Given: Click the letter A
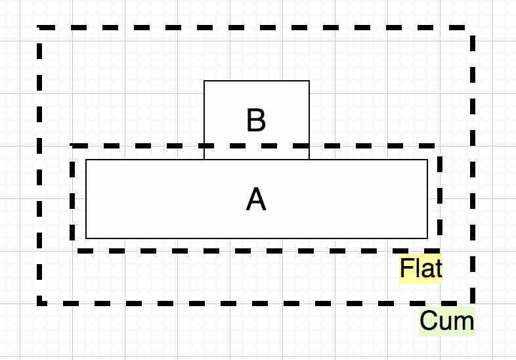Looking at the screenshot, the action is (256, 199).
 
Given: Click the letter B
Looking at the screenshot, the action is (256, 121).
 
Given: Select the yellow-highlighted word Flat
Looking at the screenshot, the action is (421, 269).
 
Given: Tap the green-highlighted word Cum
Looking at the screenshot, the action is (446, 321).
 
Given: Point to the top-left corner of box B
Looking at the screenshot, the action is (204, 81).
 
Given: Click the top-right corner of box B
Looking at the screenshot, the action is (309, 81).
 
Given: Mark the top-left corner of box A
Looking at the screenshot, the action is (86, 160).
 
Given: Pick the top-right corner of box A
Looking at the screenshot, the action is (427, 160).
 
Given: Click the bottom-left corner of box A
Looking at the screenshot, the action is (86, 238).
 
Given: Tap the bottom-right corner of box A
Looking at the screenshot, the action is (427, 238).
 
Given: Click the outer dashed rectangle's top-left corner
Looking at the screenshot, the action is (40, 28).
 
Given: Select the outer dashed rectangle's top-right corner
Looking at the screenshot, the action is (473, 28).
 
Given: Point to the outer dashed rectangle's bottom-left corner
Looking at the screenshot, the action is (40, 303).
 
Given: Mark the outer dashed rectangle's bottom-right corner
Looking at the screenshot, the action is (473, 303).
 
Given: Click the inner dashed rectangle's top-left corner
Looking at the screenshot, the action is (73, 146).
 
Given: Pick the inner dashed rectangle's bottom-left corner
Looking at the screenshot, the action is (73, 250).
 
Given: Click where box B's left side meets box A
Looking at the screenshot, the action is (204, 160).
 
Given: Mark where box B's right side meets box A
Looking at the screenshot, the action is (309, 160).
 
